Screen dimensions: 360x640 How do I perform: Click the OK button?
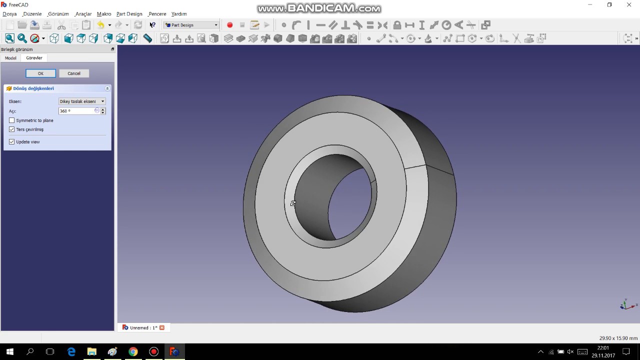tap(40, 73)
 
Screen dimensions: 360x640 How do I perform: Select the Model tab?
tap(10, 58)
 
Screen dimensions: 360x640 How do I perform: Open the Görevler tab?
tap(34, 58)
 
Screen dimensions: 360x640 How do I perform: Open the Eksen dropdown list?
tap(82, 101)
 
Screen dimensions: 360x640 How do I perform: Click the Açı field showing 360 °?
tap(76, 111)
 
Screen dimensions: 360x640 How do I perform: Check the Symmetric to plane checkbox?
tap(12, 120)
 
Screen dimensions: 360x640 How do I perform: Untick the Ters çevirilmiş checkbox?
tap(12, 129)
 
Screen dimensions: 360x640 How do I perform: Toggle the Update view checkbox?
tap(12, 142)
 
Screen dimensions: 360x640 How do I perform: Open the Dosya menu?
tap(9, 14)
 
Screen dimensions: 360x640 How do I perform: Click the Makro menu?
tap(104, 14)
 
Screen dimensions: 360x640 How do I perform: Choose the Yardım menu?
tap(178, 14)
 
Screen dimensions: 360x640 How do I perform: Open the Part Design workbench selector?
tap(191, 25)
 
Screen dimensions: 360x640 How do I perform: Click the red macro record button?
tap(229, 25)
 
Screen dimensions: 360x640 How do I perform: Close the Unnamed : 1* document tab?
tap(162, 327)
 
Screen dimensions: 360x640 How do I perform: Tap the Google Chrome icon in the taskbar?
tap(133, 351)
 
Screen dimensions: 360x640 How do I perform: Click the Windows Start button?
tap(9, 351)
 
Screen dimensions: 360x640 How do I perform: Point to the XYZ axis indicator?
tap(625, 304)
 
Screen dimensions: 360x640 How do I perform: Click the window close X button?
tap(629, 5)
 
